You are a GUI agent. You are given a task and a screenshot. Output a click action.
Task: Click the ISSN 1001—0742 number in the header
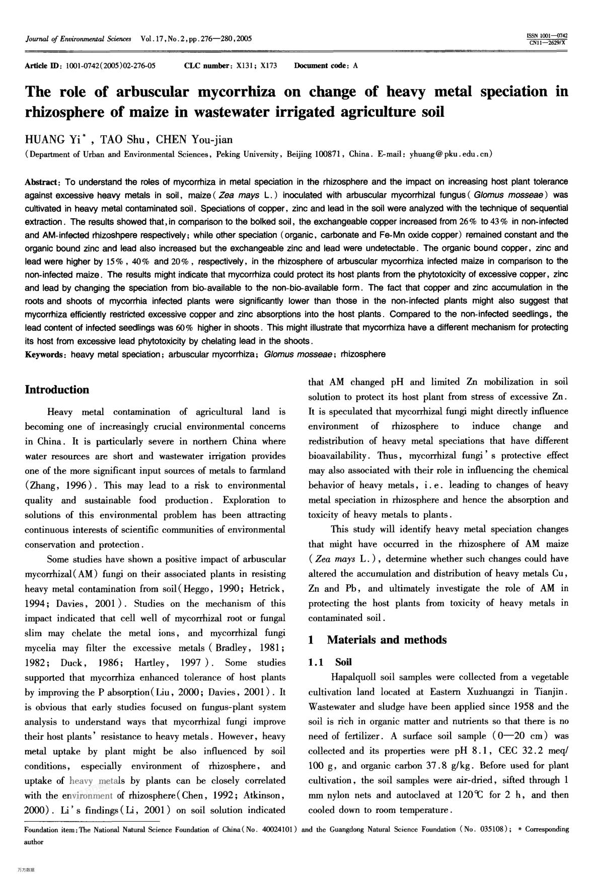coord(547,36)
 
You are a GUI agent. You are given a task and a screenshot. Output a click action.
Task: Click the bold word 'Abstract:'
coord(43,182)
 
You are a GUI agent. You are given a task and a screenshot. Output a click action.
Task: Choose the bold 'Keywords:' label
coord(46,354)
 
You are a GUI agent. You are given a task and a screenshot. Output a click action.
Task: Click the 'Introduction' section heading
coord(57,390)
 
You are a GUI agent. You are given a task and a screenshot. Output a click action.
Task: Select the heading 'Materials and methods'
coord(387,640)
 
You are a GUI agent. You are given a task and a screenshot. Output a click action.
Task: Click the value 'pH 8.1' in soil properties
coord(472,751)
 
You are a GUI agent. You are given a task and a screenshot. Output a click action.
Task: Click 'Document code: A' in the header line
coord(326,66)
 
